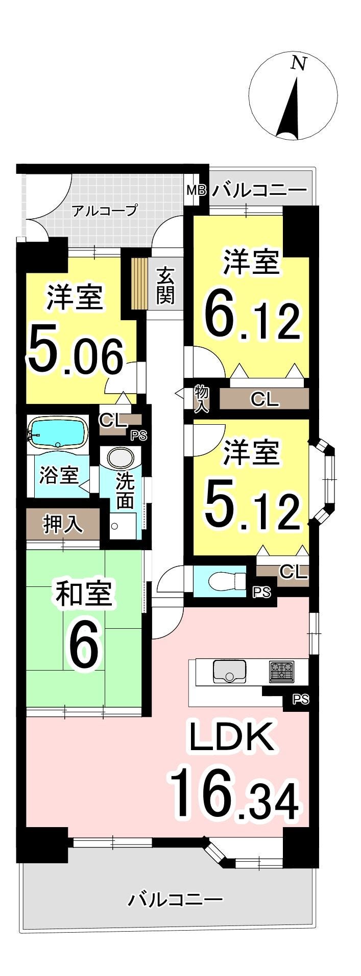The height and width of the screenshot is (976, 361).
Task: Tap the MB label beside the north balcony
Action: click(196, 191)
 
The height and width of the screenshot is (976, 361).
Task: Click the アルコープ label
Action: click(105, 211)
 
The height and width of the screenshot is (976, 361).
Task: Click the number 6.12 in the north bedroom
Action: click(252, 319)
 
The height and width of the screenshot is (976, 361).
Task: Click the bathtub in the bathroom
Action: click(56, 433)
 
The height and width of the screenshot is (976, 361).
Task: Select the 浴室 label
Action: click(59, 476)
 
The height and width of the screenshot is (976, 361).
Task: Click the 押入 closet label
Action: click(63, 524)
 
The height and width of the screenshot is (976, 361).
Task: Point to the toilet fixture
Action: click(226, 580)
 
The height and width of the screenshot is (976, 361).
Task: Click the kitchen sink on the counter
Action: click(229, 671)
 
